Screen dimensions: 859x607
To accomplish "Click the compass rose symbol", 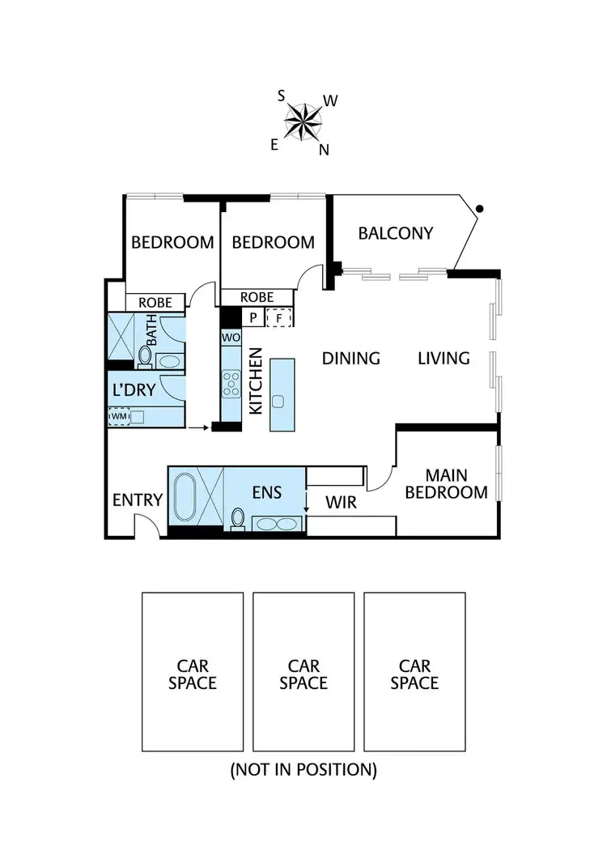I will pos(303,122).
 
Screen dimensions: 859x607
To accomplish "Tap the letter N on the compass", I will pos(324,149).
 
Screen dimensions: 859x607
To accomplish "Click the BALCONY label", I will pos(396,233).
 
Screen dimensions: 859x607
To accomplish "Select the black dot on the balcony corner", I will pos(480,210).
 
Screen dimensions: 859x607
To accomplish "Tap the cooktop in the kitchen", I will pos(231,382).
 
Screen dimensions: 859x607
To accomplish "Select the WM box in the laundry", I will pos(119,416).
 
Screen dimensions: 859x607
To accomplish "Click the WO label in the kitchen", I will pos(230,336).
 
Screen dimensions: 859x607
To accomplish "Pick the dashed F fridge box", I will pos(279,317).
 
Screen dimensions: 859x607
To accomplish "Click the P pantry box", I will pos(253,317).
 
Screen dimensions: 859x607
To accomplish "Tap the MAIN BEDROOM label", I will pos(446,483).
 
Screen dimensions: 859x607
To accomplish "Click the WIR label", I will pos(341,503).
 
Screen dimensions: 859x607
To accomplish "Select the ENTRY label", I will pos(137,500).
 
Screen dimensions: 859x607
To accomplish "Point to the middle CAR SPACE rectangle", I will pos(303,673).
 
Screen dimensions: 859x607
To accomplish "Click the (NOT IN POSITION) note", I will pos(303,769).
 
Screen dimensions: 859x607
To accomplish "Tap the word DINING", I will pos(351,358).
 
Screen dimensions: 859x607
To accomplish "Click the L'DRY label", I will pos(134,389).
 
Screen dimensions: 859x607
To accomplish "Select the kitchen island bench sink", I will pos(281,401).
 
